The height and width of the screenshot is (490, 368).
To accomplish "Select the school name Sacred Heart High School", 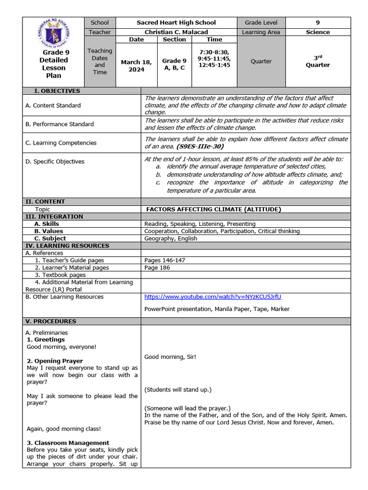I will (x=176, y=22).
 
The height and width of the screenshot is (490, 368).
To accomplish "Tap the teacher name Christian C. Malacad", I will (x=176, y=32).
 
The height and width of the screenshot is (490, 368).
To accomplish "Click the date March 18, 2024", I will (x=136, y=66).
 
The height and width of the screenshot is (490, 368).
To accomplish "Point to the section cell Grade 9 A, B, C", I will (x=174, y=64).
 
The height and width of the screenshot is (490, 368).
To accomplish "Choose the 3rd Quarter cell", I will (x=318, y=61).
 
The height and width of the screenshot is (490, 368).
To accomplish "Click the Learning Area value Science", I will (x=318, y=32).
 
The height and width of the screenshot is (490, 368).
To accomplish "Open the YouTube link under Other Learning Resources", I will (x=213, y=297).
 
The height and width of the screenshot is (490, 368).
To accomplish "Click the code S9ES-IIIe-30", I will (x=200, y=146).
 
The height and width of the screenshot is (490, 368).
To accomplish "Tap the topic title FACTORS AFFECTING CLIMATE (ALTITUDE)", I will (x=214, y=209).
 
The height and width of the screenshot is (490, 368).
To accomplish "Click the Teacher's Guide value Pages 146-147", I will (x=164, y=260).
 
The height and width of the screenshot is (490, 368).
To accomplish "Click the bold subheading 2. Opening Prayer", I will (x=55, y=361).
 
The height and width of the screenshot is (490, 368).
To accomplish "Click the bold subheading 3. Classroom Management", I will (x=68, y=443).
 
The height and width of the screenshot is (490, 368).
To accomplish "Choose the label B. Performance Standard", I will (x=59, y=124).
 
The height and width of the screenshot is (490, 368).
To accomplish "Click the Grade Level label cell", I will (x=261, y=22).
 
